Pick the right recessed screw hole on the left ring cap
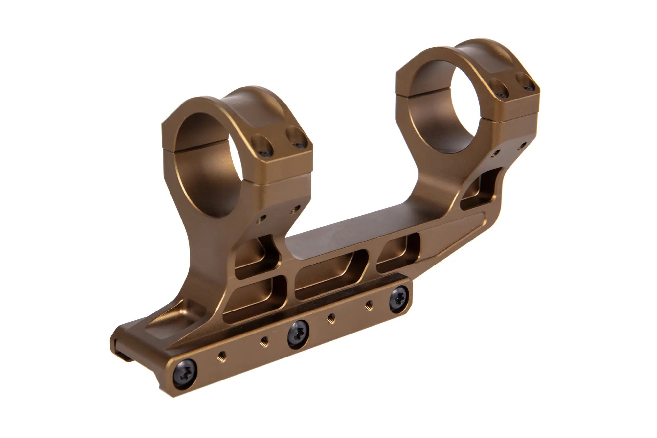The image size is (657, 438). [x=296, y=137]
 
